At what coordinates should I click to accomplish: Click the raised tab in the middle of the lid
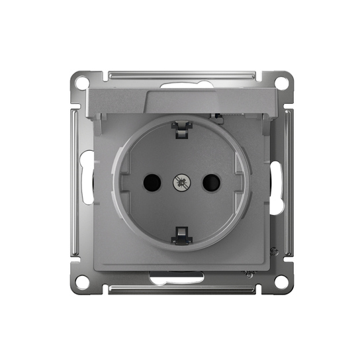coord(181,101)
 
